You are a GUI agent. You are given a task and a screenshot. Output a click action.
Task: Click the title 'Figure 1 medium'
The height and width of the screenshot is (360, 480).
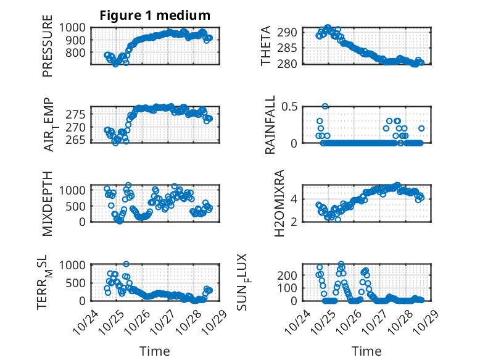pos(155,15)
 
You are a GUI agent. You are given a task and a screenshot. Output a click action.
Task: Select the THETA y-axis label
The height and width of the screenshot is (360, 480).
pos(266,46)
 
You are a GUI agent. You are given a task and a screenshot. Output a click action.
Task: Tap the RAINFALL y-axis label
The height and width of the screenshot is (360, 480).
pos(270,125)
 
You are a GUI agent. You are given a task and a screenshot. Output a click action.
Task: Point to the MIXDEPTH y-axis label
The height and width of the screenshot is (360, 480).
pos(48,204)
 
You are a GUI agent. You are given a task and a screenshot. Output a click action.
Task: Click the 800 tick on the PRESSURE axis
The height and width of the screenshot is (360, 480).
pos(78,52)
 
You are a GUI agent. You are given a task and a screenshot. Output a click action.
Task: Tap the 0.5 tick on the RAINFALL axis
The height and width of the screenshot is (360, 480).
pos(291,106)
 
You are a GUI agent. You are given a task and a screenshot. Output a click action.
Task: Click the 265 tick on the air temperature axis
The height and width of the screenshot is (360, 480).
pos(78,139)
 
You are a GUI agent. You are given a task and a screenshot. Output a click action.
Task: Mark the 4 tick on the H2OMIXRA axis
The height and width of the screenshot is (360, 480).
pos(295,199)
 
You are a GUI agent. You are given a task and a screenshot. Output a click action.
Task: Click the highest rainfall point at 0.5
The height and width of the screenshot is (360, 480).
pos(325,106)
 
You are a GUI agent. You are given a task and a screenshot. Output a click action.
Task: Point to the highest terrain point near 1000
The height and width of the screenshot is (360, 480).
pos(126,264)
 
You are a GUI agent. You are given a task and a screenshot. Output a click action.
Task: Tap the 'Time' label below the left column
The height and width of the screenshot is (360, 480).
pos(154,351)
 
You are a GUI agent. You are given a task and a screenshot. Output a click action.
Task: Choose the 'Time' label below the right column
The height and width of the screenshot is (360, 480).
pos(366,351)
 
